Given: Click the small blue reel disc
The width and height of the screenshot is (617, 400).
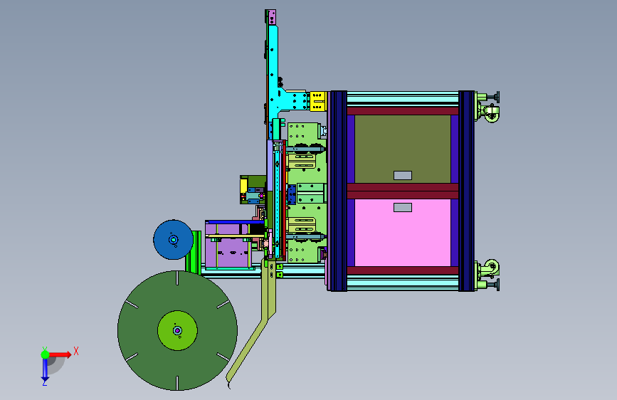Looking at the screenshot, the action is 173,239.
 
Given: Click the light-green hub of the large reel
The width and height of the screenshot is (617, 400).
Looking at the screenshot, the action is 177,331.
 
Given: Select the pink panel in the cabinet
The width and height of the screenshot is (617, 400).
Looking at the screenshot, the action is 403,233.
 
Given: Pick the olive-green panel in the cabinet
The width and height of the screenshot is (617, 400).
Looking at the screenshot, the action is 403,149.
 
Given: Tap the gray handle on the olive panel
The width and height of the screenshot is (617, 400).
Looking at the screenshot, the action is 403,175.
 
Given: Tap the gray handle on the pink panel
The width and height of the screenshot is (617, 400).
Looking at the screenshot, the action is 403,208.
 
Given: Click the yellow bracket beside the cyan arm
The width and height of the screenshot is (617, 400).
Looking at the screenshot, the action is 317,101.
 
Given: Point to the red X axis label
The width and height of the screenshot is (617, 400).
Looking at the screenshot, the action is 76,351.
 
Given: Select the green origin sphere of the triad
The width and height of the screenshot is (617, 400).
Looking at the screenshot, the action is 46,354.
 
